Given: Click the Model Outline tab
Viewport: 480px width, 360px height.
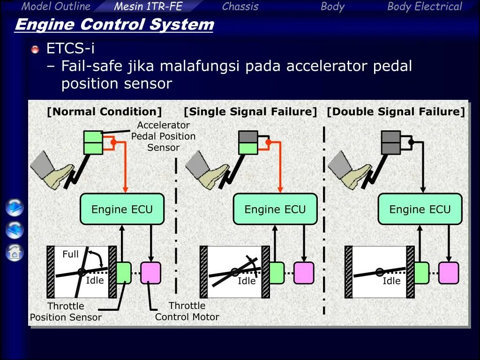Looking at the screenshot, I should [x=56, y=6].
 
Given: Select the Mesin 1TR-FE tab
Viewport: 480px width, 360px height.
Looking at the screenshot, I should [x=148, y=6].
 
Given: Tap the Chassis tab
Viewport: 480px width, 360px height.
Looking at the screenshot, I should [x=240, y=6].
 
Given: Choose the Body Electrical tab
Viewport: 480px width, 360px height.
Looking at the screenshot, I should [x=424, y=6].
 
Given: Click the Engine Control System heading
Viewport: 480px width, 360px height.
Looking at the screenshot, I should [x=114, y=24].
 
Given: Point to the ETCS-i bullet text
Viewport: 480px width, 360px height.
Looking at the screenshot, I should [x=70, y=48].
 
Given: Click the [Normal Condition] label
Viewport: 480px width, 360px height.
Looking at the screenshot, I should [x=104, y=112].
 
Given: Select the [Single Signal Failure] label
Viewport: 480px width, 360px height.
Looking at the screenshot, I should [x=250, y=112].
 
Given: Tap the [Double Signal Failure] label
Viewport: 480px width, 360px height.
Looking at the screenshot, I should [x=396, y=112].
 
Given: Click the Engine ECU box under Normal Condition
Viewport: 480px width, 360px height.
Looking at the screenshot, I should [x=122, y=209].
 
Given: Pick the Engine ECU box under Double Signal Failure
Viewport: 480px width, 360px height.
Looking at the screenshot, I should [x=420, y=209].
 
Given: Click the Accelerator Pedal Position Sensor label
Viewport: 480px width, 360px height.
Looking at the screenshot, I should [x=163, y=136].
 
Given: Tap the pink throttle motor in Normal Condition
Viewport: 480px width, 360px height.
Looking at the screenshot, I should [x=150, y=273].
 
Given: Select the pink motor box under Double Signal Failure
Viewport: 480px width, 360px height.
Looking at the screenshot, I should [x=449, y=273].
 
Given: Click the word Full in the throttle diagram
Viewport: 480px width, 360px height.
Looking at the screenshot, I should [x=70, y=254].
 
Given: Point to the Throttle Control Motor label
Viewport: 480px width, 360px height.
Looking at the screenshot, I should [x=187, y=311].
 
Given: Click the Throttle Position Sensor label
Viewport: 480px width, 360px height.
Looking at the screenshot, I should [x=66, y=312].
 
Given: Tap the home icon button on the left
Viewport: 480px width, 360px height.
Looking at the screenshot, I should [x=15, y=253].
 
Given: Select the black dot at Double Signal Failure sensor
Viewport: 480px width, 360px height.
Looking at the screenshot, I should [x=411, y=142].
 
